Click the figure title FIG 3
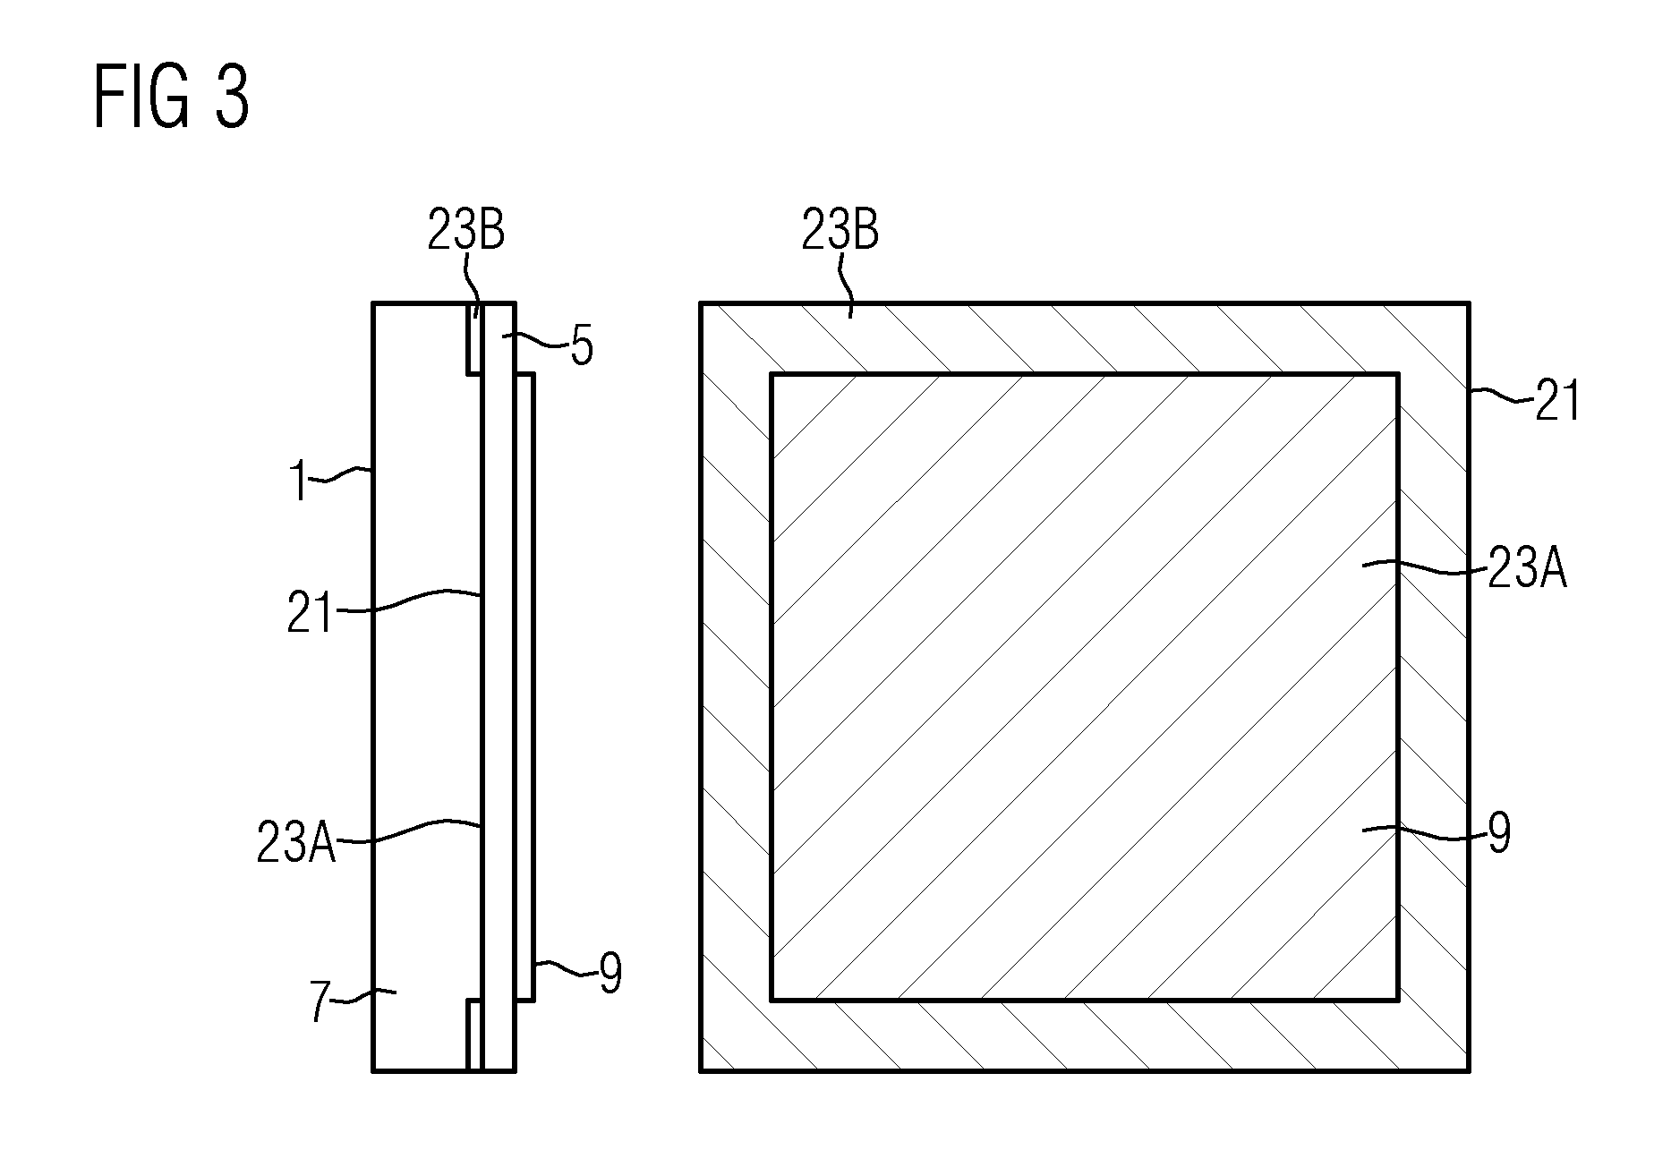(x=171, y=99)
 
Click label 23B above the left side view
(x=465, y=231)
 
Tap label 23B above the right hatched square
(x=840, y=231)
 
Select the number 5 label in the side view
(x=582, y=347)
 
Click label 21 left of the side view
(x=310, y=614)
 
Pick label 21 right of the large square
(x=1557, y=401)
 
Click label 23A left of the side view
(x=296, y=843)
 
